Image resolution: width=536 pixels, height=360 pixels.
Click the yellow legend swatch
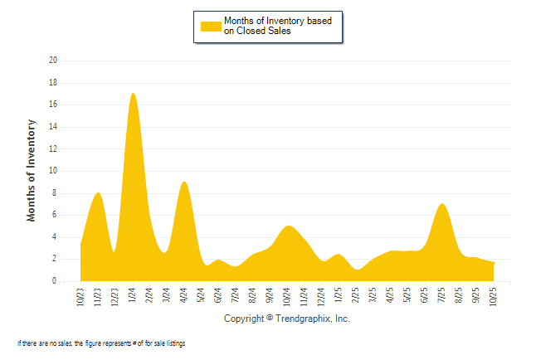[x=211, y=26]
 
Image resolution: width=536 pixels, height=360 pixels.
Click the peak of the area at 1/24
[x=133, y=94]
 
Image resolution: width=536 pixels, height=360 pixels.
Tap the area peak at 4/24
[x=184, y=182]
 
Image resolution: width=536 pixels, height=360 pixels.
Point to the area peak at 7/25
[x=442, y=204]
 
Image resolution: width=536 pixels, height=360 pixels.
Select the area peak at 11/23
[x=99, y=193]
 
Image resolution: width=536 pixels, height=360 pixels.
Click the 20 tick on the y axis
[x=53, y=61]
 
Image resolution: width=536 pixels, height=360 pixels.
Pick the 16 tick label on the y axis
[x=53, y=105]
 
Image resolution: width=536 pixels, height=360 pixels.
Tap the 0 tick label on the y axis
[x=55, y=281]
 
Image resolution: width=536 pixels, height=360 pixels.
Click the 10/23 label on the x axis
[x=80, y=297]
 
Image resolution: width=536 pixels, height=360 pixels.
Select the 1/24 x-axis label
[x=133, y=296]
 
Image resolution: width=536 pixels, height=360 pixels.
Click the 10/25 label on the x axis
[x=494, y=297]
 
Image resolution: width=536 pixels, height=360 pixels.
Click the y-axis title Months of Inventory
[x=32, y=170]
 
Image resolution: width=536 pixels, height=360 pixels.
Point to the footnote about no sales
[x=101, y=343]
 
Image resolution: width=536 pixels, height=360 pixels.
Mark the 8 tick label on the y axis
[x=55, y=193]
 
